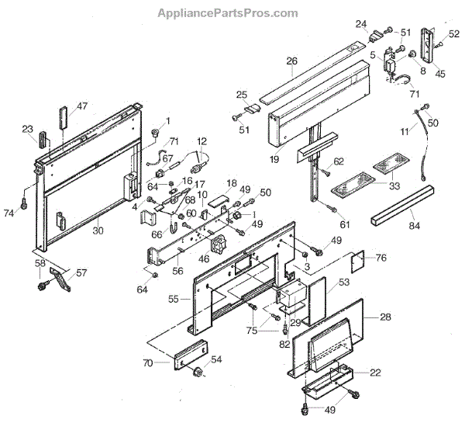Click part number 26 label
pyautogui.click(x=291, y=61)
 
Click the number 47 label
pyautogui.click(x=82, y=106)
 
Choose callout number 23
pyautogui.click(x=28, y=130)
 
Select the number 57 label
pyautogui.click(x=81, y=272)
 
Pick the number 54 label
pyautogui.click(x=216, y=360)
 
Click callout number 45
pyautogui.click(x=439, y=75)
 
